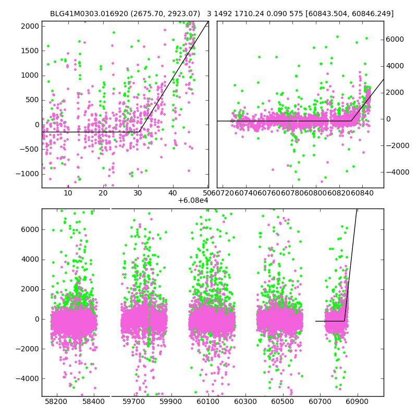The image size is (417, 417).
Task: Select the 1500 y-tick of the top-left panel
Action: point(29,51)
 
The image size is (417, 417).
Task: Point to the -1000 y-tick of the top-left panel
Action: point(28,174)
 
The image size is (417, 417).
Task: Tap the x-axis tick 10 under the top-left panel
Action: point(68,193)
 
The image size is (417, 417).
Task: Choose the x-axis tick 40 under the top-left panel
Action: point(173,193)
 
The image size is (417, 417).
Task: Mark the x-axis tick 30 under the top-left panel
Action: point(138,193)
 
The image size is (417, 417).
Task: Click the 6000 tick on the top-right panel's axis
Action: point(395,40)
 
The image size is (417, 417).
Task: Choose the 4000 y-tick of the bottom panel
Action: point(29,260)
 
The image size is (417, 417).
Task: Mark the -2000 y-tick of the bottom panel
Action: point(28,349)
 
